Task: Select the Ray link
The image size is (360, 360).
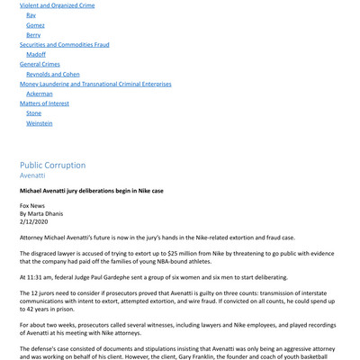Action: (x=31, y=15)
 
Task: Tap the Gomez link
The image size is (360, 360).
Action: (x=36, y=25)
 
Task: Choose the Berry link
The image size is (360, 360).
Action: (x=33, y=35)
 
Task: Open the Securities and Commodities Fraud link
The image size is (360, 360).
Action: (x=64, y=45)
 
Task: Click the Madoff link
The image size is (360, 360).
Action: (x=36, y=55)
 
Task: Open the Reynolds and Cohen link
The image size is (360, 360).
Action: (x=53, y=75)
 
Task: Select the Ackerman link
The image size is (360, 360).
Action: (x=40, y=94)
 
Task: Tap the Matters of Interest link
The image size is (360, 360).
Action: (x=45, y=103)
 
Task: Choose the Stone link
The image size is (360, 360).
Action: (x=33, y=113)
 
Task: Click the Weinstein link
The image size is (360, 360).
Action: (x=40, y=123)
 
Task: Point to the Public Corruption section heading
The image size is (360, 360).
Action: (x=53, y=166)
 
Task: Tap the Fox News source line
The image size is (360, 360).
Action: (x=32, y=206)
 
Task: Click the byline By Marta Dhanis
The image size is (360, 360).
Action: (x=44, y=214)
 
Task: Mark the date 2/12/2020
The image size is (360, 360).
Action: (x=36, y=222)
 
